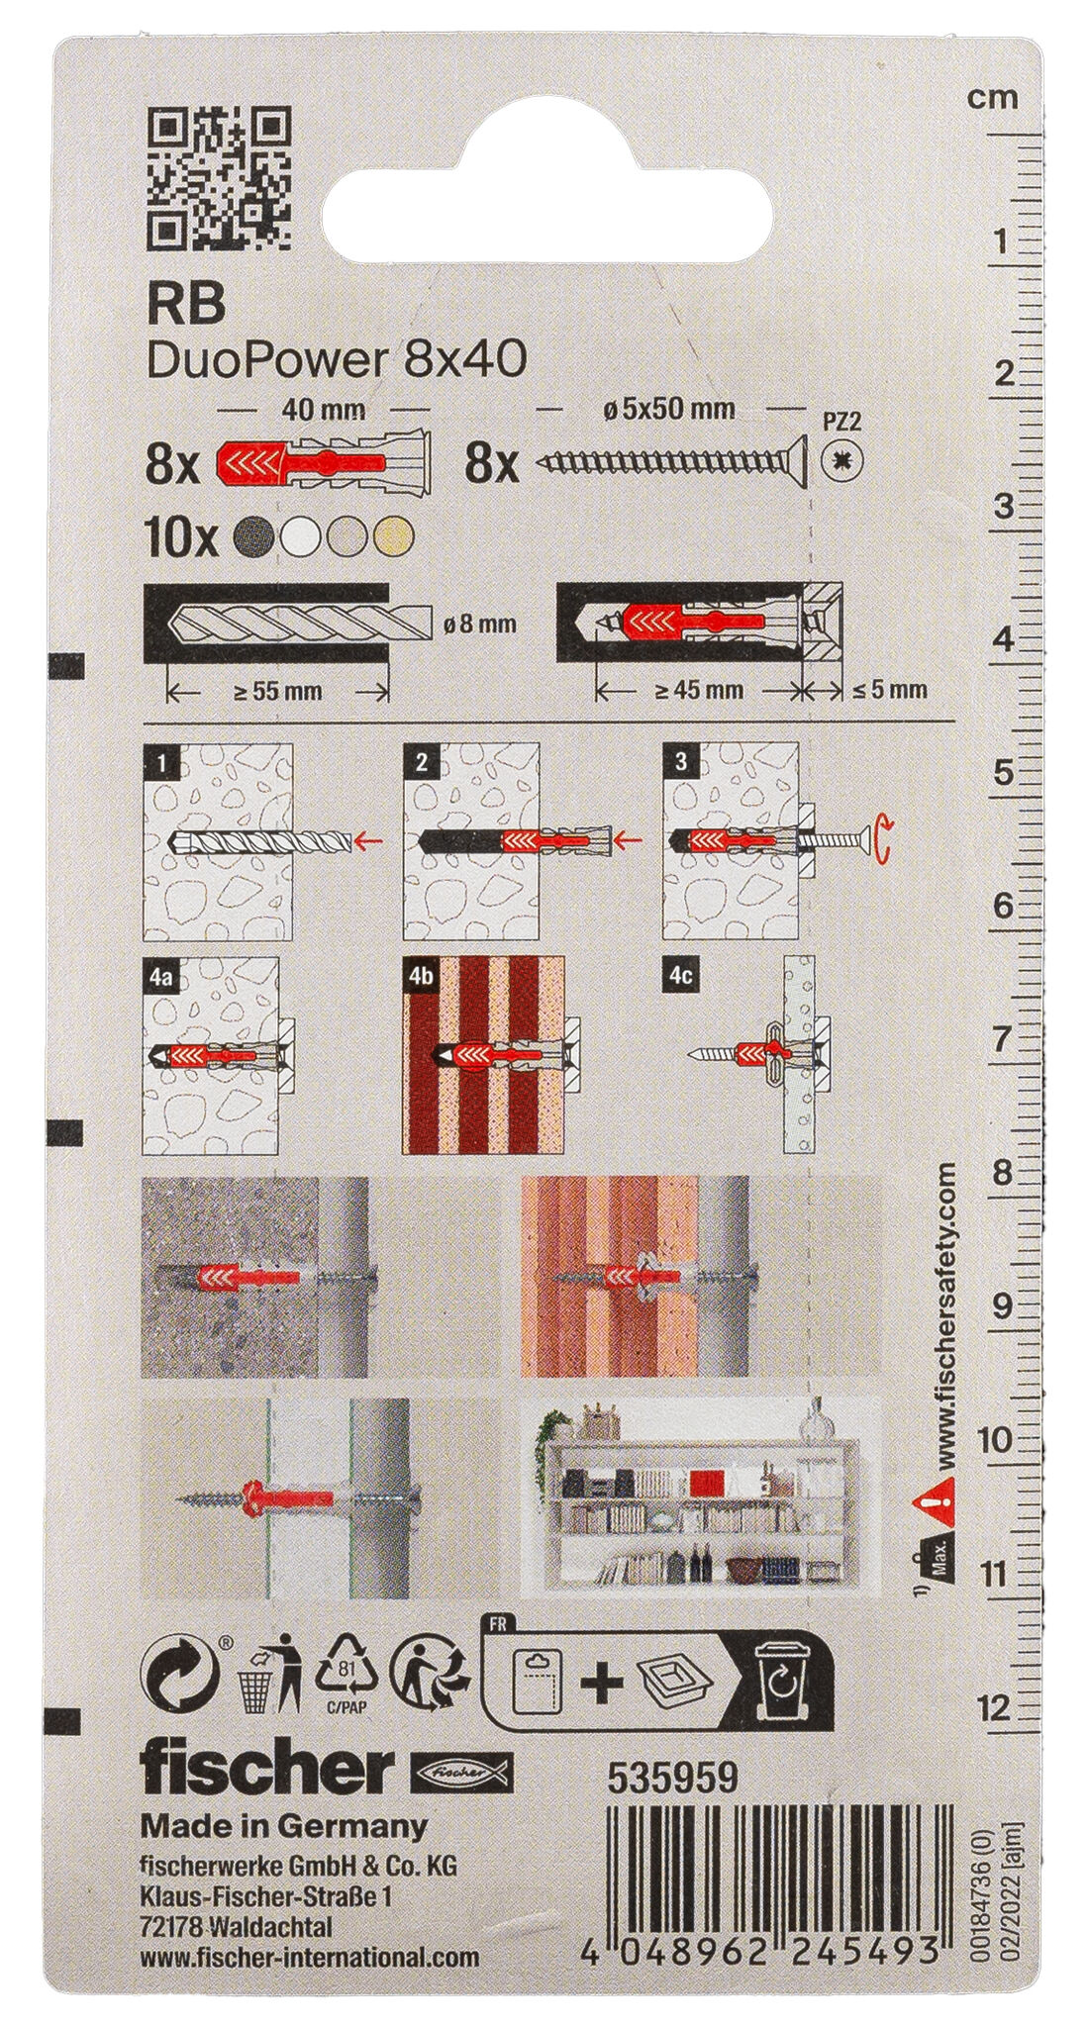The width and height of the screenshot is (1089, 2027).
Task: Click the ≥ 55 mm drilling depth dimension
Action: click(x=278, y=691)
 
